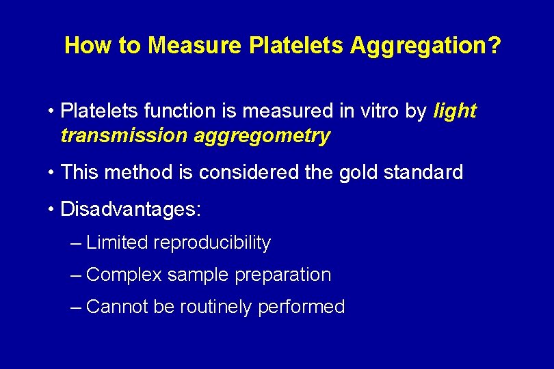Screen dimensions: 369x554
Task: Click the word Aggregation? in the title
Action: pos(425,46)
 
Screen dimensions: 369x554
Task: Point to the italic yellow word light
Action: pos(455,111)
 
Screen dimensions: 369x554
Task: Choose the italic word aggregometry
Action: pos(262,136)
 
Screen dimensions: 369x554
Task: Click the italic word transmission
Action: pos(123,136)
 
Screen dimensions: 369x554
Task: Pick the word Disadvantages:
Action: pos(131,209)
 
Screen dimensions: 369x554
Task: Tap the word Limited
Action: pos(118,243)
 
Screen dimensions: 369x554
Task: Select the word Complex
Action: pos(124,275)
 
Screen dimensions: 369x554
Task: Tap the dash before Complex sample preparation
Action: pos(77,275)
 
